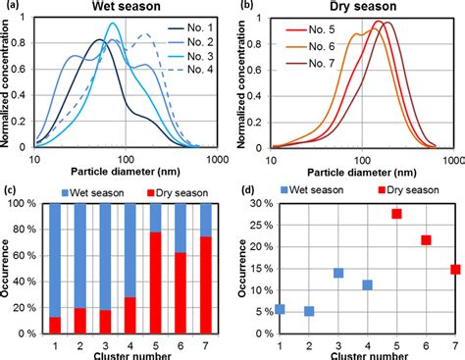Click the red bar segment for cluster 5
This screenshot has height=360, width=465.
click(155, 284)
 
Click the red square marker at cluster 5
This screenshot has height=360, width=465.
click(396, 214)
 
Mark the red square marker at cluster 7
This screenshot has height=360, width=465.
click(454, 270)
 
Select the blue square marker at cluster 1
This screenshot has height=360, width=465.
click(280, 309)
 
